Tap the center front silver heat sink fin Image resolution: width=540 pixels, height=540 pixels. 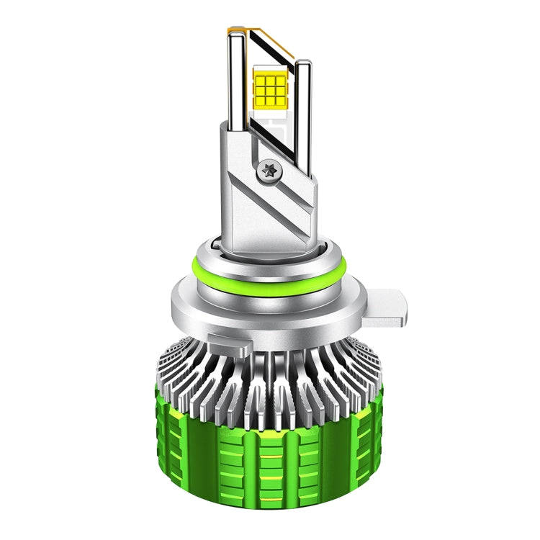(270, 389)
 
